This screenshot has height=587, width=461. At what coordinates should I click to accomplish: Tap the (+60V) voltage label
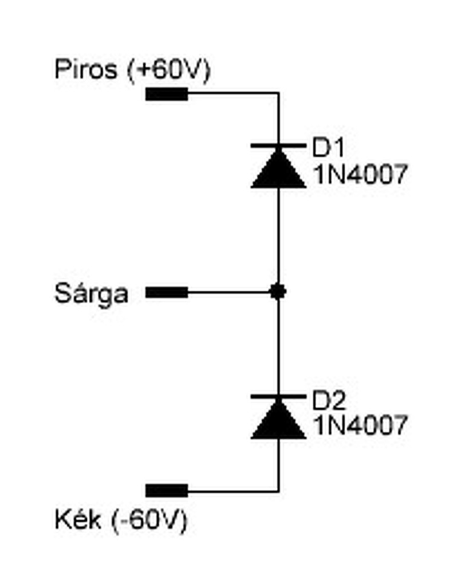pos(170,71)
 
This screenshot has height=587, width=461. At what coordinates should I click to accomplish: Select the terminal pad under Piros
pos(167,94)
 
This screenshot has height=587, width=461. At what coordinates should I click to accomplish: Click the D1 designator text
pos(328,148)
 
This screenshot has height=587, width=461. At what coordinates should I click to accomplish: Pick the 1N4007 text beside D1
pos(360,174)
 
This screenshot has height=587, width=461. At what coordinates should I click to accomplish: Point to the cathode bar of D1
pos(278,146)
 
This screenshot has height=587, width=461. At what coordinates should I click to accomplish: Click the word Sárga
pos(91,294)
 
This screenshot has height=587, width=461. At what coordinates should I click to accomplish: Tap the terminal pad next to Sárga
pos(167,293)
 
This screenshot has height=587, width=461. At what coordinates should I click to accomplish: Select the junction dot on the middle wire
pos(278,292)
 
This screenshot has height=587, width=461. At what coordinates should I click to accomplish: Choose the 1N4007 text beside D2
pos(360,425)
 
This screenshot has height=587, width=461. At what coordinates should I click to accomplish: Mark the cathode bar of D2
pos(278,397)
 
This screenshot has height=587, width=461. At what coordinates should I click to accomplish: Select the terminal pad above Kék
pos(167,491)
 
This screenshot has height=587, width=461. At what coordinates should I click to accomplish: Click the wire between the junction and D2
pos(278,344)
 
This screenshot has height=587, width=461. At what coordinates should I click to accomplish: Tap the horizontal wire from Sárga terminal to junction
pos(229,293)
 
